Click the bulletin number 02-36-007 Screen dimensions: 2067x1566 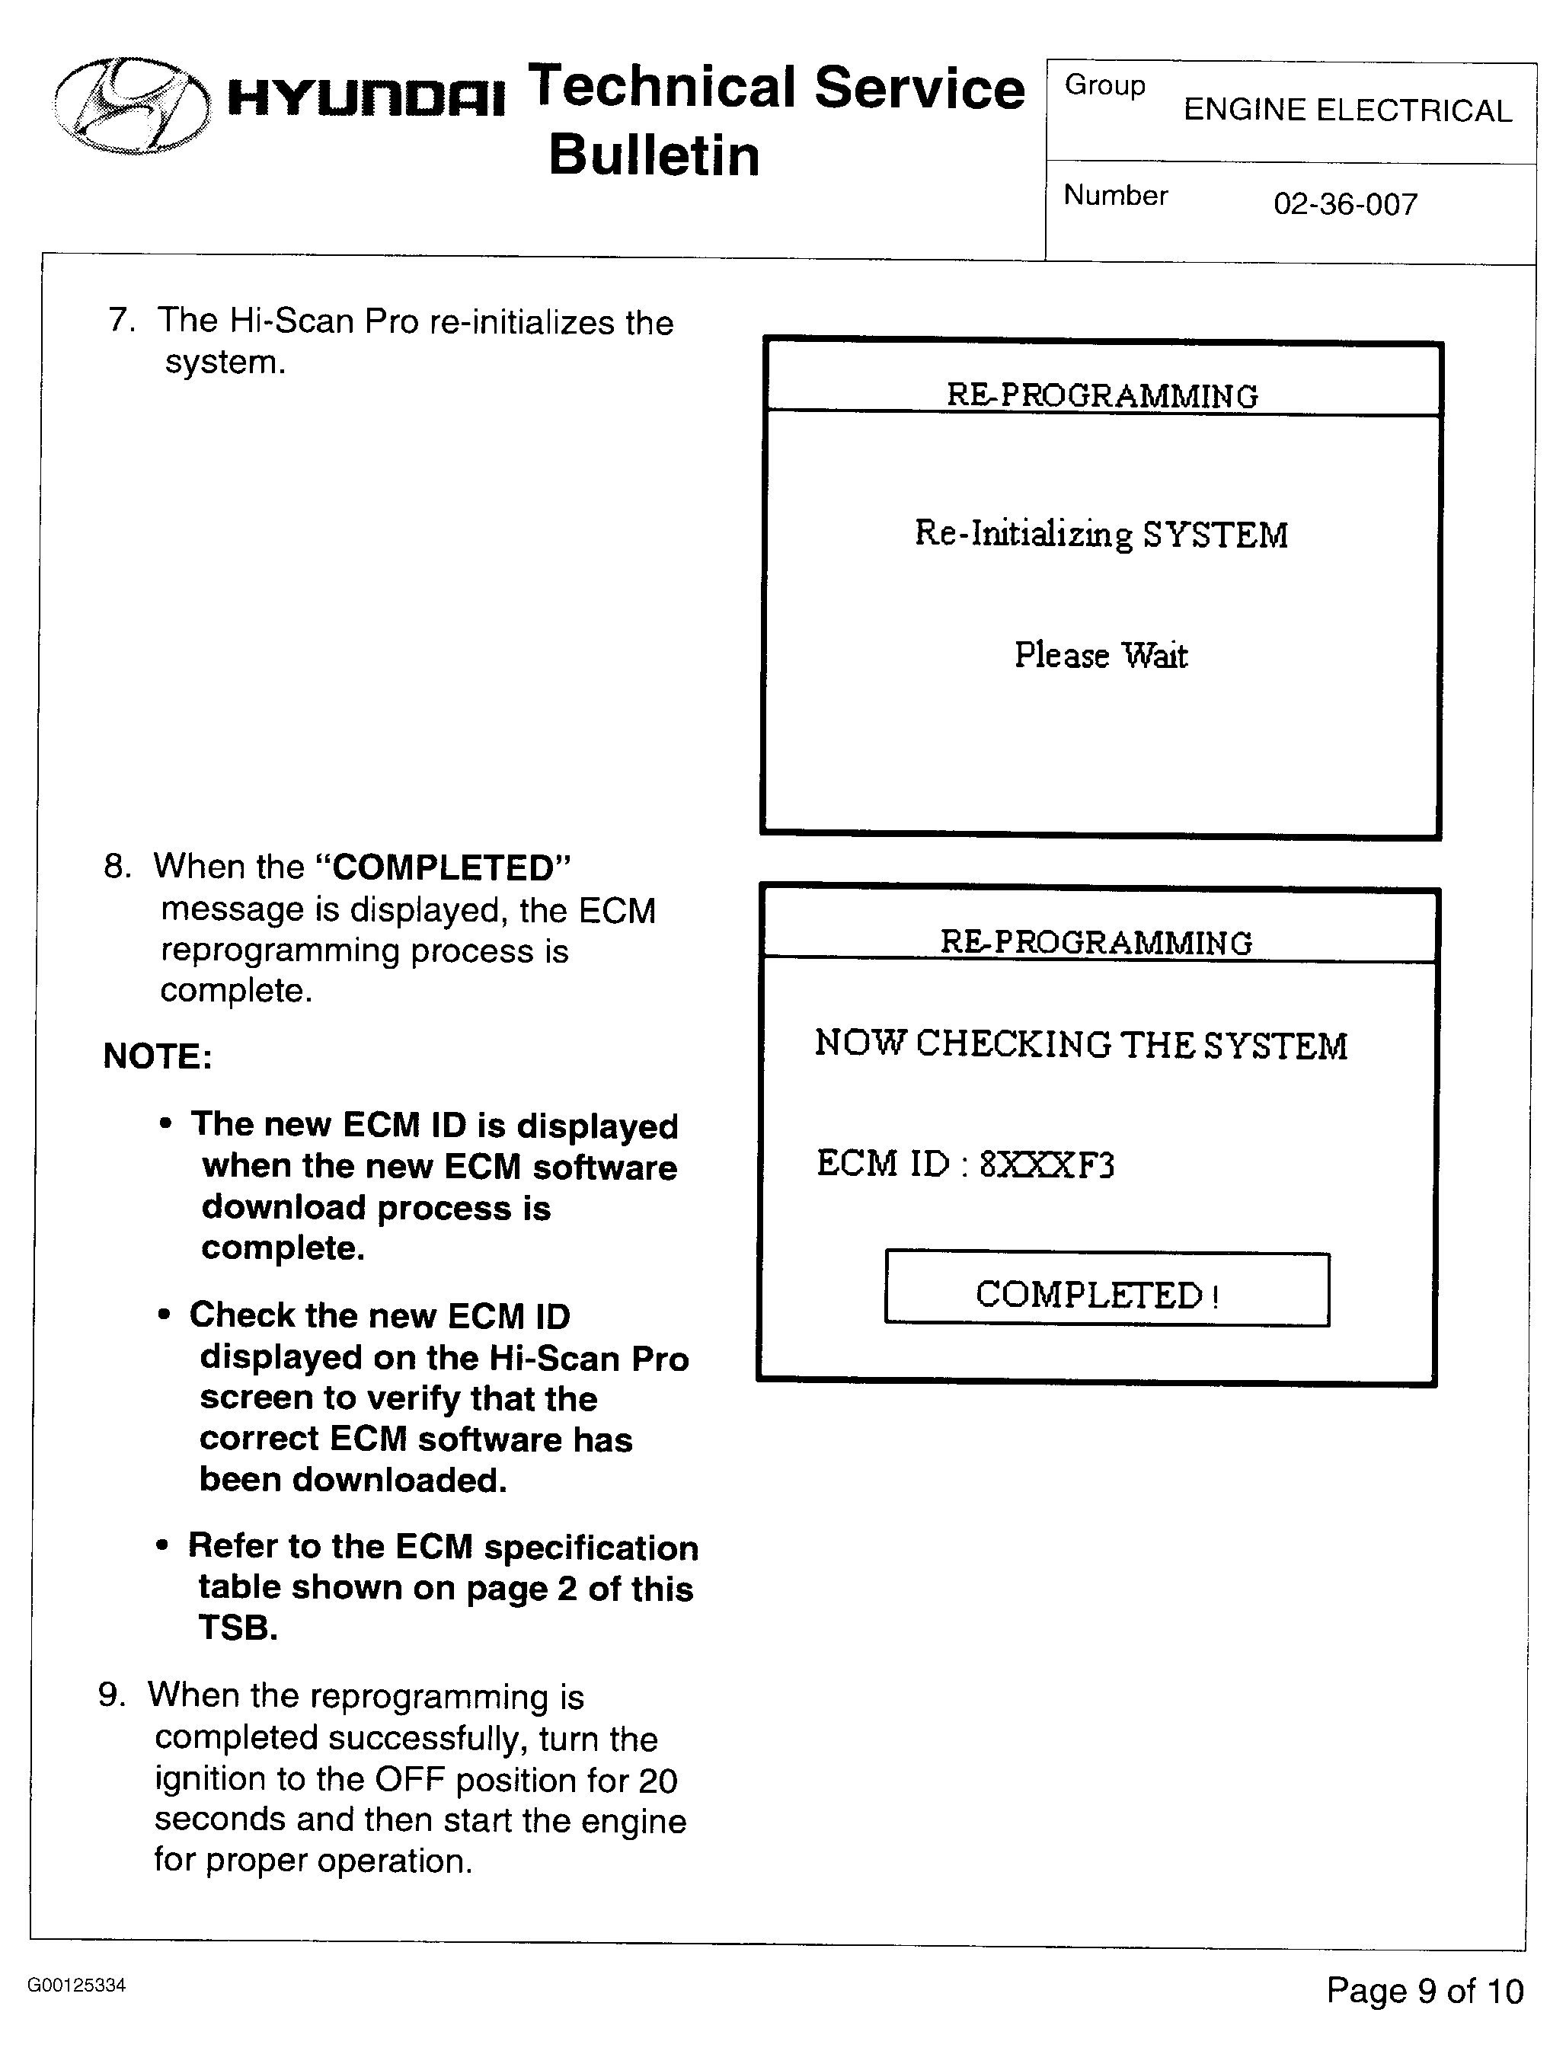[1344, 203]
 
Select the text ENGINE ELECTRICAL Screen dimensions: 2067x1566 [1347, 110]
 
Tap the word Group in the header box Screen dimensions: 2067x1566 [1104, 86]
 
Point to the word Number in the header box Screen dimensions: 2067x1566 [1116, 195]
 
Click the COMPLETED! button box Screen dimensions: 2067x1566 [1106, 1289]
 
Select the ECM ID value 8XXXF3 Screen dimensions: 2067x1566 [1047, 1165]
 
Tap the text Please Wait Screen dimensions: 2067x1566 [1101, 655]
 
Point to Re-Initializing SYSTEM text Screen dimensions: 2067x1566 [1101, 535]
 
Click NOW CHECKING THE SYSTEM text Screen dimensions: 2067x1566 [1080, 1043]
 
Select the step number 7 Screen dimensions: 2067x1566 [120, 321]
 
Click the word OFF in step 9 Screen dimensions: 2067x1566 [408, 1780]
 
